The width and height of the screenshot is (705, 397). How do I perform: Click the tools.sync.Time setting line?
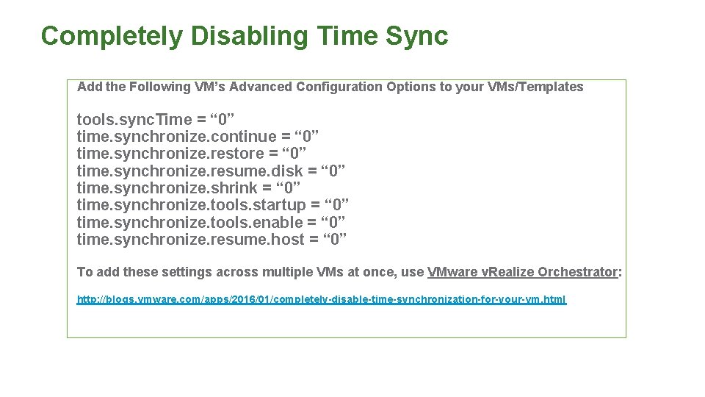click(156, 119)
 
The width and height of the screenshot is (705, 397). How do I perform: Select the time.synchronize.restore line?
click(192, 154)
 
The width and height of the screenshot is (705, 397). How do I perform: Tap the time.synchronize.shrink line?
click(189, 188)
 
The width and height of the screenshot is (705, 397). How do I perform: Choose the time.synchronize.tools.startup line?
click(213, 205)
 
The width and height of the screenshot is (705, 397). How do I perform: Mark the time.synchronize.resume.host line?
click(212, 239)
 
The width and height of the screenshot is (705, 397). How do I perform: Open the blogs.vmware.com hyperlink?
click(322, 300)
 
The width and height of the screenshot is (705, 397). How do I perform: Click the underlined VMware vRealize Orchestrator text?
click(523, 272)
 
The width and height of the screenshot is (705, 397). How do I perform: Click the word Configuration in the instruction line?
click(339, 87)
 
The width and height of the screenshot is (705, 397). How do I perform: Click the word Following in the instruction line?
click(159, 87)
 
